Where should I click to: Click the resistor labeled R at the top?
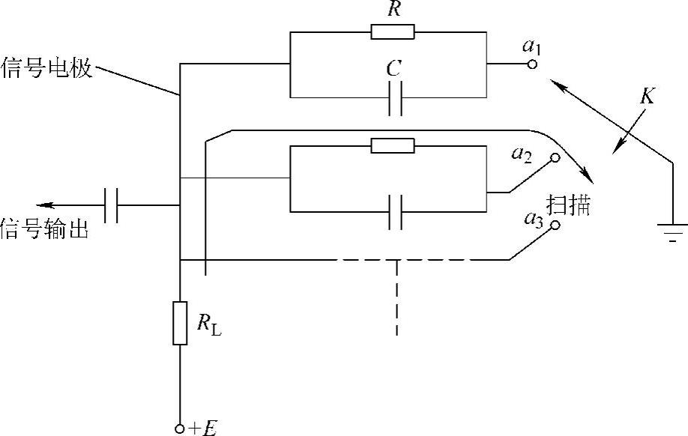pyautogui.click(x=392, y=31)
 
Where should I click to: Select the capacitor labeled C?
pyautogui.click(x=396, y=98)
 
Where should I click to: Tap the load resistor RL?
pyautogui.click(x=180, y=323)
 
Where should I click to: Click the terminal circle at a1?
pyautogui.click(x=531, y=64)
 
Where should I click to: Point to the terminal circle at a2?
pyautogui.click(x=555, y=158)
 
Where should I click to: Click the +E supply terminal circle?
pyautogui.click(x=180, y=428)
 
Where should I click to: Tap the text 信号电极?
pyautogui.click(x=47, y=69)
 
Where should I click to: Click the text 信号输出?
pyautogui.click(x=44, y=230)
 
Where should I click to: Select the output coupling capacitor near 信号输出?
pyautogui.click(x=112, y=205)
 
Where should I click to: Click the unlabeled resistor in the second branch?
pyautogui.click(x=392, y=145)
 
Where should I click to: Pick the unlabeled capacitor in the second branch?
pyautogui.click(x=396, y=211)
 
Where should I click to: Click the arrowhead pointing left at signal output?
pyautogui.click(x=43, y=205)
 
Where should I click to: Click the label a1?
pyautogui.click(x=531, y=46)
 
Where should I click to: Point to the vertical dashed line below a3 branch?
pyautogui.click(x=396, y=300)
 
